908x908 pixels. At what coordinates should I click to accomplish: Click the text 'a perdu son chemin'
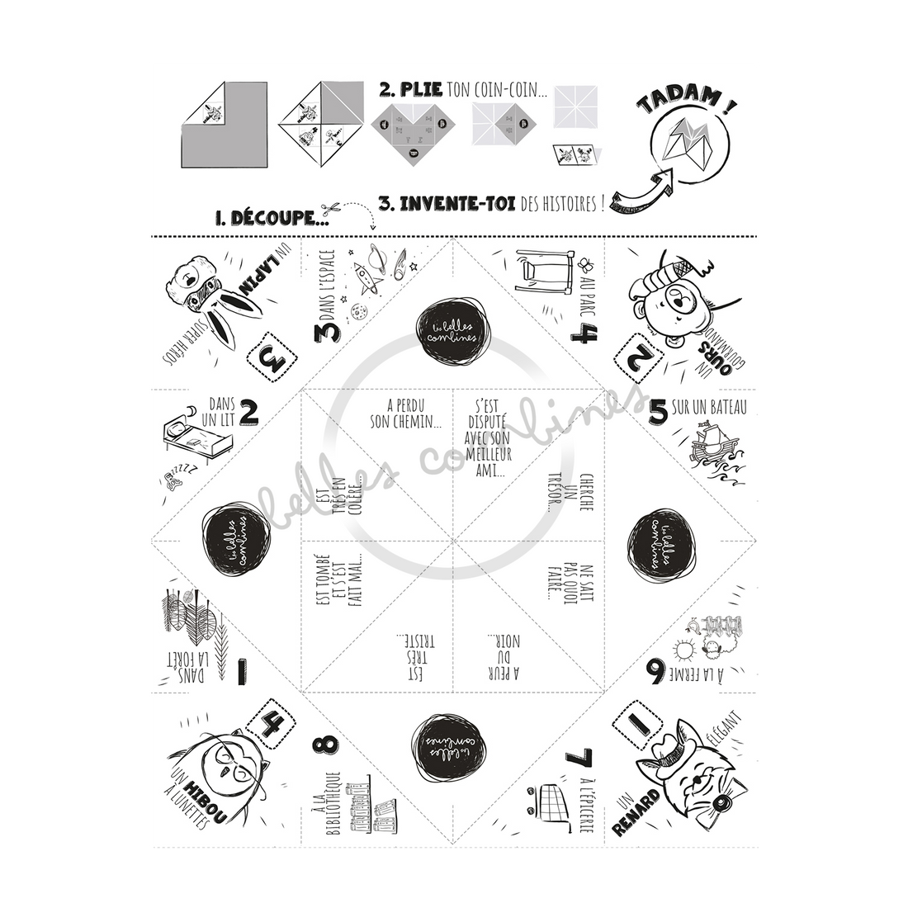[x=414, y=413]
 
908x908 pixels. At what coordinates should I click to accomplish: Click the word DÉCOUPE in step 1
[x=270, y=219]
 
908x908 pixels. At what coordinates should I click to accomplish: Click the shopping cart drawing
[x=545, y=805]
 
